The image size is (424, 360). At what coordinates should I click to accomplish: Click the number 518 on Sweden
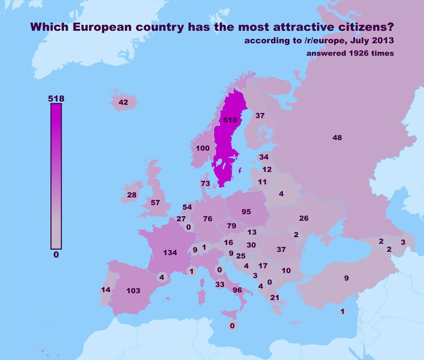229,120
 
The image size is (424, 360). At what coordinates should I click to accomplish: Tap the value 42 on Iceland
123,102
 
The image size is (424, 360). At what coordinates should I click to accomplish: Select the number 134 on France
170,253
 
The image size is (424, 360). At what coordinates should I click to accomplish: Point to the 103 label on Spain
133,291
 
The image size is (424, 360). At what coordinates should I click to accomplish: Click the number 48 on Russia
337,138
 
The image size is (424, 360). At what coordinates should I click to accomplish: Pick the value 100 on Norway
203,148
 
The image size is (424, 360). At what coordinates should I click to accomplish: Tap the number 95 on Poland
246,212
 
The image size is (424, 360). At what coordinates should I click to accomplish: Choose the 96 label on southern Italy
237,290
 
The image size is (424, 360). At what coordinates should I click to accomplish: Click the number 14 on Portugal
106,290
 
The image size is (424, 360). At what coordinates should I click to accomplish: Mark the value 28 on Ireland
132,195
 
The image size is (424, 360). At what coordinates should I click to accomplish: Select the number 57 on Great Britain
155,202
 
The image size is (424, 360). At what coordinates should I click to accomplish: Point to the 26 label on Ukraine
304,218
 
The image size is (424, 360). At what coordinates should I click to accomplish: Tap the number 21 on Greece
275,298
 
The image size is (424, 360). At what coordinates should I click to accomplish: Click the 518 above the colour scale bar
56,98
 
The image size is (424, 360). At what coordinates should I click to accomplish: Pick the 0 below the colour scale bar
56,254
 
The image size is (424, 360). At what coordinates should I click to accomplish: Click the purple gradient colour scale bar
56,176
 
